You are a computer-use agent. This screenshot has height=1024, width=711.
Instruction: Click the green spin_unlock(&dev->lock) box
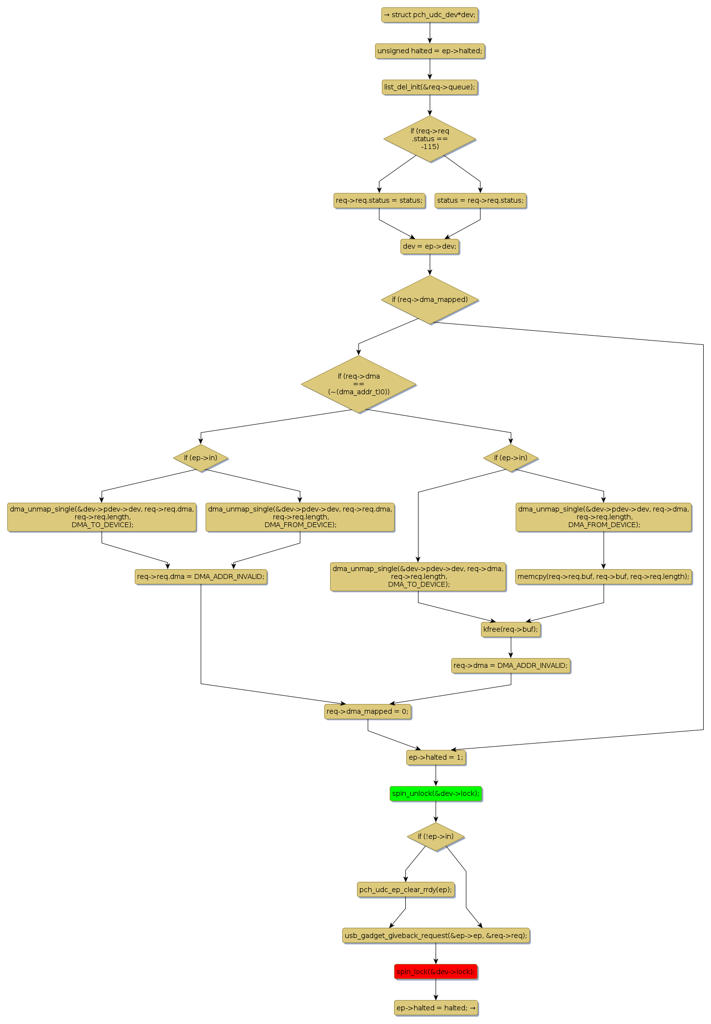pos(436,793)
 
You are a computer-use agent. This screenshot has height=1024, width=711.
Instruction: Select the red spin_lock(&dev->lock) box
pos(436,972)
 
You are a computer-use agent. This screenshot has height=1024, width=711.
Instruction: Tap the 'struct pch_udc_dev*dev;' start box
pos(430,15)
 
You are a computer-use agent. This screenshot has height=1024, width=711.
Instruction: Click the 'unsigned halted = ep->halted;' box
pos(430,51)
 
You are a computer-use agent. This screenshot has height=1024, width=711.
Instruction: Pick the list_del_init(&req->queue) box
pos(430,87)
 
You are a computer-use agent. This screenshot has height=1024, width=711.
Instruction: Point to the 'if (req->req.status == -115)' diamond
pos(430,139)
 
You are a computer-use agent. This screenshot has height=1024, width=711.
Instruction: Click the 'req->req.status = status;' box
pos(379,200)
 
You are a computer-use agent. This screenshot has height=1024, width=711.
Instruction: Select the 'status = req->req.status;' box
pos(481,200)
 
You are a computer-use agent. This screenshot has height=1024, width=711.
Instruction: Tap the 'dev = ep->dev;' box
pos(430,246)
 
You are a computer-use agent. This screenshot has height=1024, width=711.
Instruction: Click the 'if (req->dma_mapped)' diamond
pos(430,299)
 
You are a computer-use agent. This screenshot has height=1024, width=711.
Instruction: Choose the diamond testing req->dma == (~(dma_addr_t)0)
pos(359,384)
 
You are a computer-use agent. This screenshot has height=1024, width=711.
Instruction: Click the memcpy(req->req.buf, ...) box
pos(604,576)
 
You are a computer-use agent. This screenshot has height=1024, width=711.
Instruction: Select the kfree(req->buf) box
pos(511,629)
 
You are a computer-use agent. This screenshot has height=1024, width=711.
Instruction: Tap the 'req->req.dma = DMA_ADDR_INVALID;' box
pos(201,576)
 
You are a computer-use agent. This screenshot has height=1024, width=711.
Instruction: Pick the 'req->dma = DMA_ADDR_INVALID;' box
pos(511,665)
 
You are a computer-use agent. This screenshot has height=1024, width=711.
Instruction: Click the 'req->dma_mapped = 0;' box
pos(368,711)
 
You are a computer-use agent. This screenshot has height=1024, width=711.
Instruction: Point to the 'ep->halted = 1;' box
pos(436,757)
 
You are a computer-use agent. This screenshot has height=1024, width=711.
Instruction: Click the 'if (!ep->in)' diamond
pos(436,836)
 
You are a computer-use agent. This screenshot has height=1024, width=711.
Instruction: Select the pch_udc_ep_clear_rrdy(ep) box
pos(405,890)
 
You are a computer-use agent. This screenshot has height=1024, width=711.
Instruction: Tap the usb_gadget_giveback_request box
pos(436,936)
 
